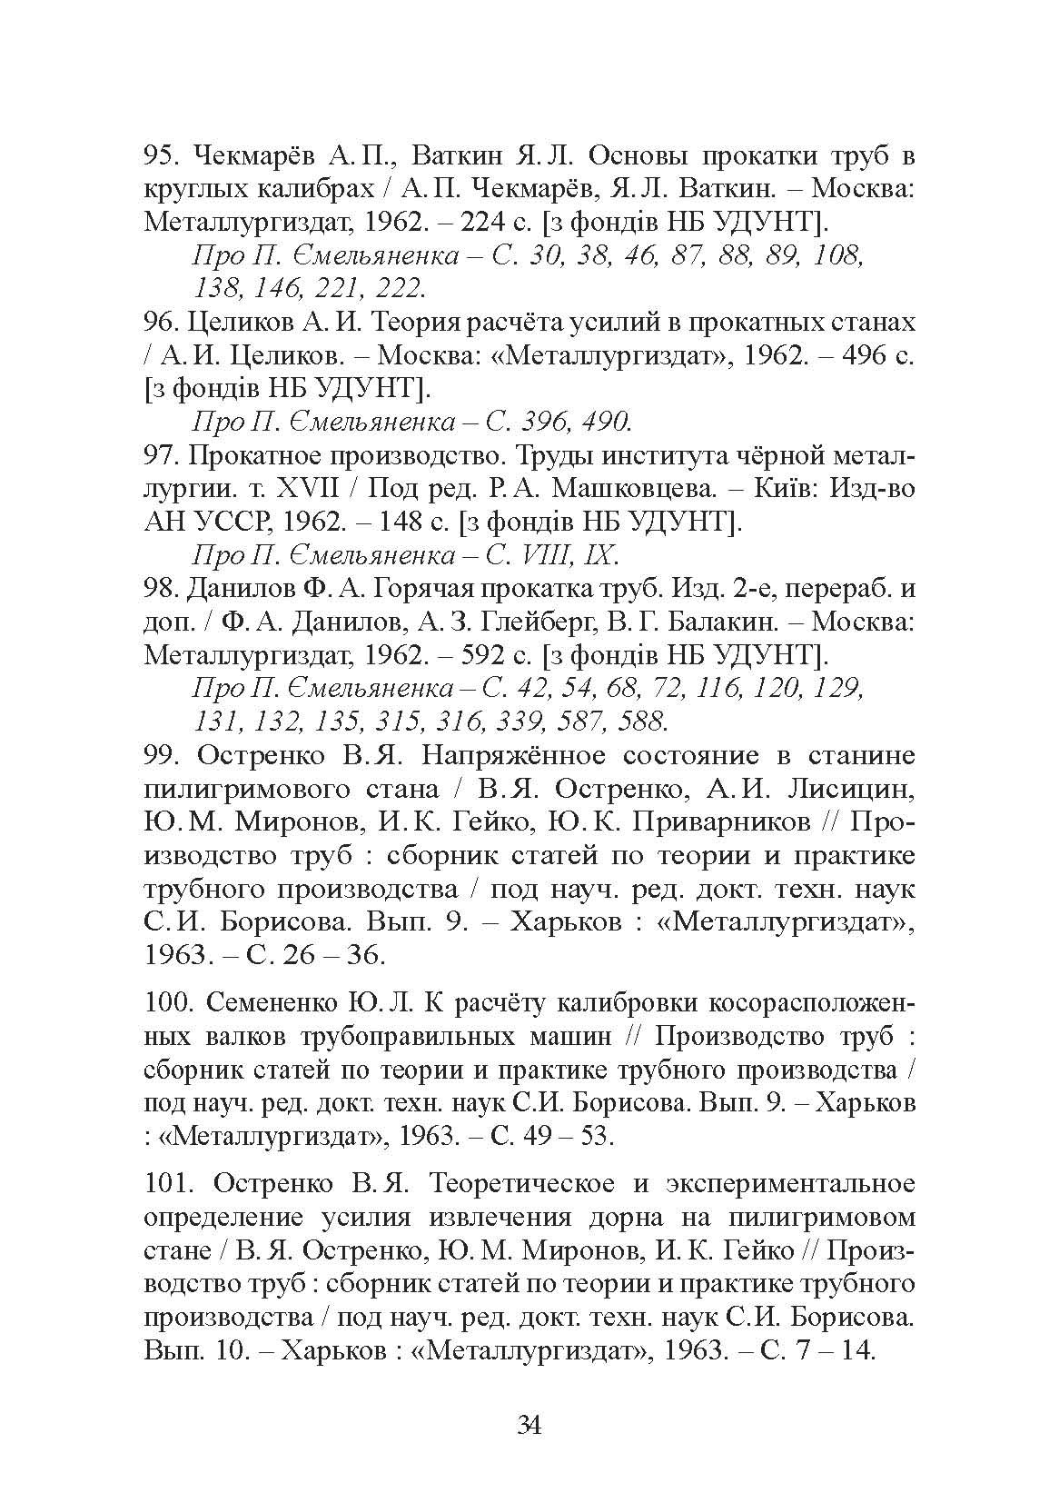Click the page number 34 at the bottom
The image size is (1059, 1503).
529,1424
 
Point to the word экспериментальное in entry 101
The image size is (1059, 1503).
789,1183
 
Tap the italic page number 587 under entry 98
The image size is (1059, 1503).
579,722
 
